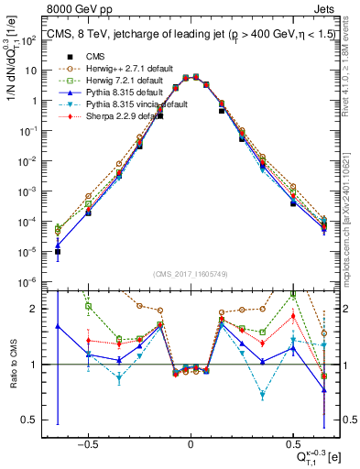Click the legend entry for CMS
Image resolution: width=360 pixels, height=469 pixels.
96,56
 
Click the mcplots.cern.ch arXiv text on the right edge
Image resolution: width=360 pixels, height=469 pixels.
352,211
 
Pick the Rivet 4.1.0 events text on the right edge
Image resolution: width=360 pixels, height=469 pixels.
352,73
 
